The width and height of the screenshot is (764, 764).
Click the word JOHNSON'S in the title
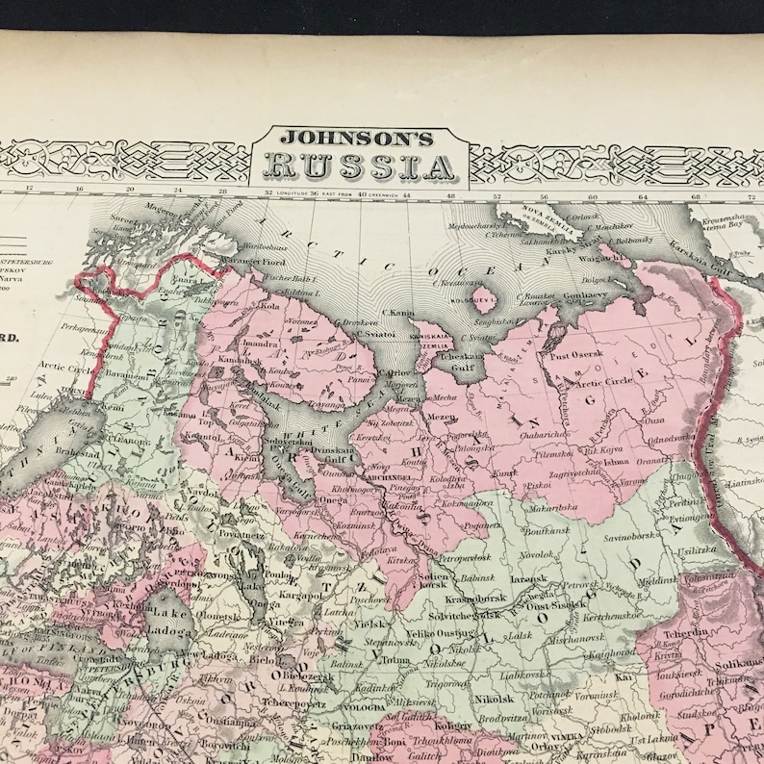[x=360, y=137]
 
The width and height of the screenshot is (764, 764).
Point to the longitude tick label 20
[x=130, y=190]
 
